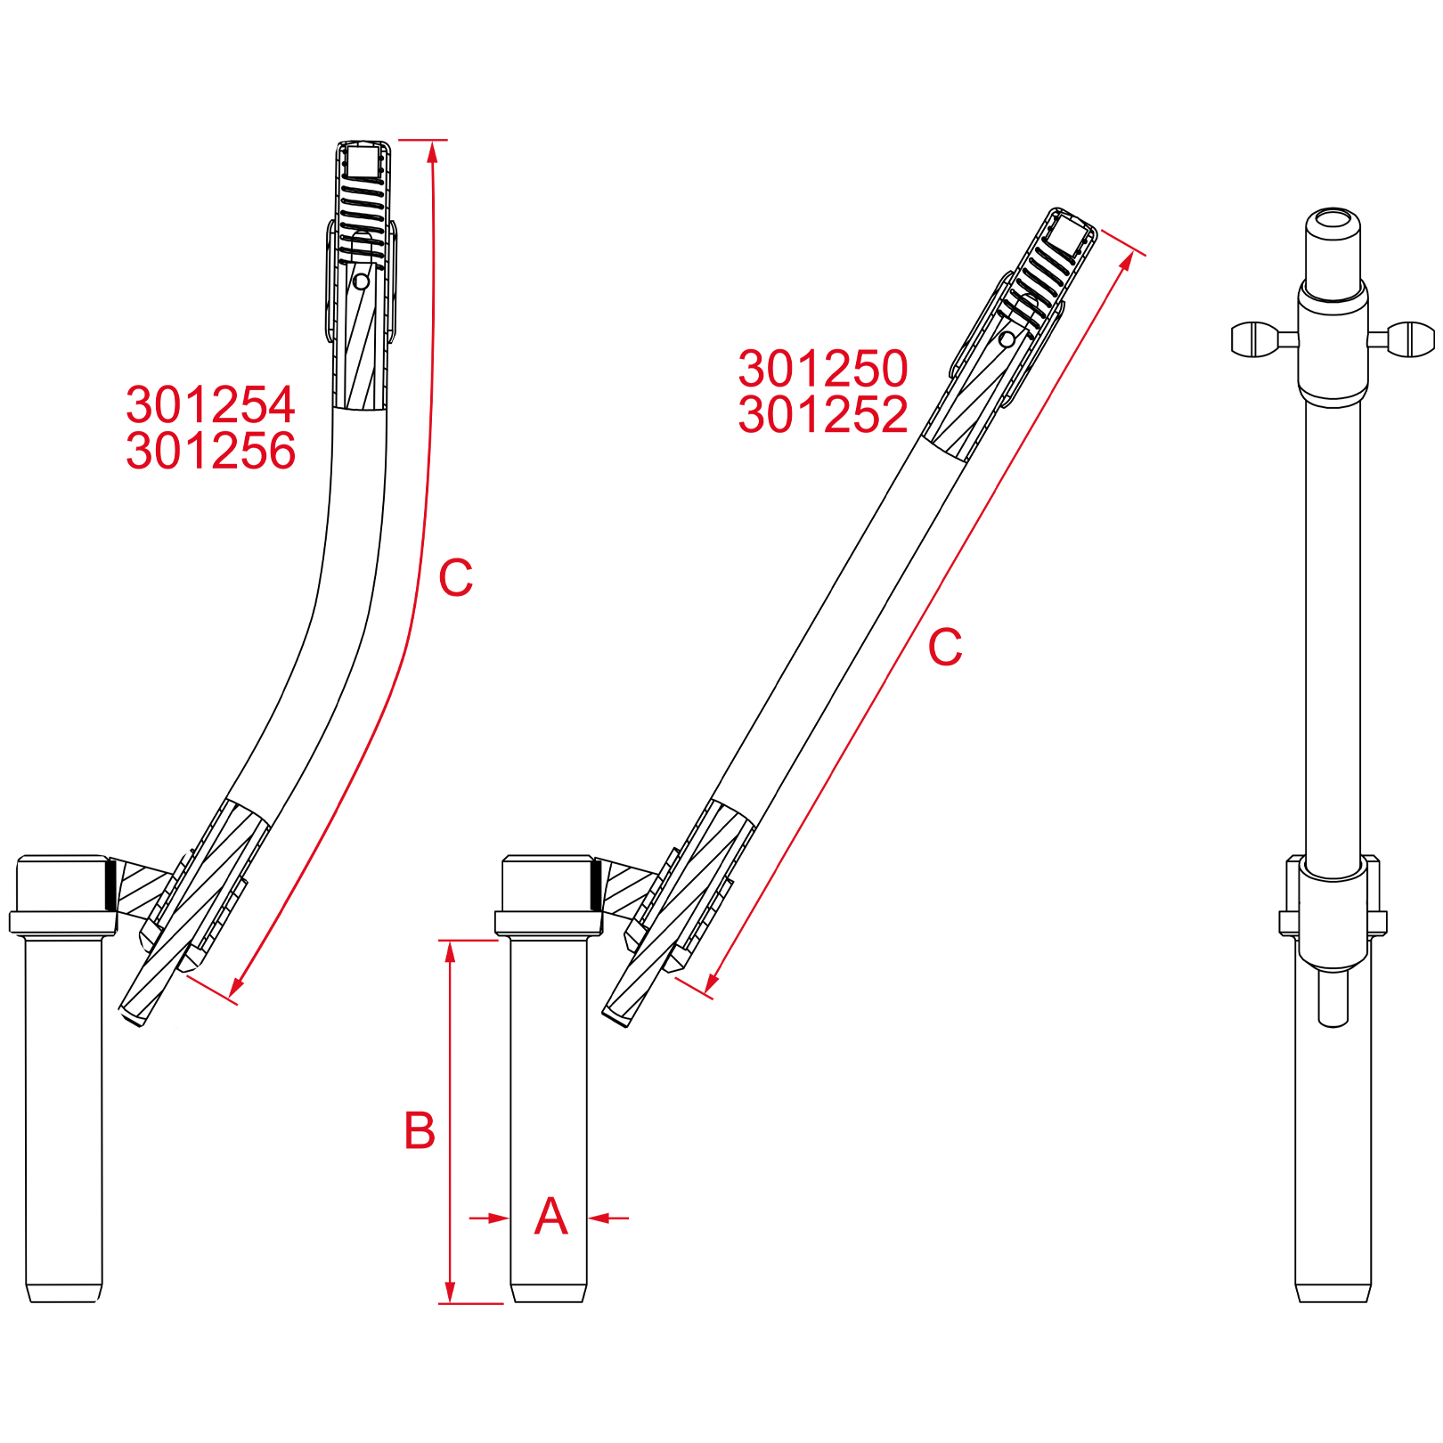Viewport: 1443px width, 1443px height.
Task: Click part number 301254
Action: (210, 405)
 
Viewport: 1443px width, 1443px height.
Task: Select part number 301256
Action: (210, 451)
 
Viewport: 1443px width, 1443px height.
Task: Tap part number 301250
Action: (823, 369)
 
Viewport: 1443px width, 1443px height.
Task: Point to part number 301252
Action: (823, 415)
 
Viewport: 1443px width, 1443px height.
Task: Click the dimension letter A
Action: (550, 1217)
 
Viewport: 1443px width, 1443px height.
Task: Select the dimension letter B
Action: (420, 1131)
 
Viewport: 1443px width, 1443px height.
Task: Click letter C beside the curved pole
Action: (455, 578)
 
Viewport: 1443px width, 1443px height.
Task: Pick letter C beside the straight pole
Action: (945, 648)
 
